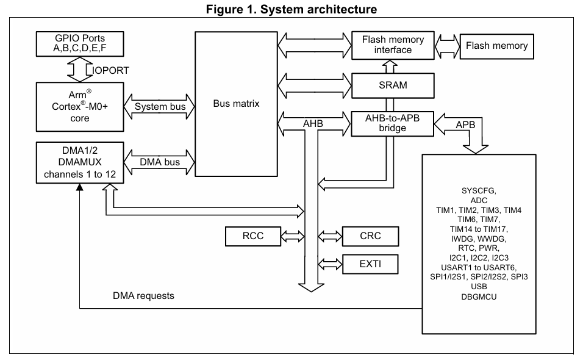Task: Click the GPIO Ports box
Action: pos(80,44)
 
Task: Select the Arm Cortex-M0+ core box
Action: pos(80,107)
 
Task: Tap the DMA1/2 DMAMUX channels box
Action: pos(80,162)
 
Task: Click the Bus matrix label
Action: pos(236,103)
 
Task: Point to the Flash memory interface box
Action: pos(393,45)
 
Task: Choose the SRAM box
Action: pos(393,85)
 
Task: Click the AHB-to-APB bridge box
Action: pos(393,123)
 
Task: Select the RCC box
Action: pos(253,236)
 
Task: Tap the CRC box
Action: pos(370,236)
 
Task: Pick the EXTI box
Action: pos(370,264)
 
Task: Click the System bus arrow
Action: pos(159,107)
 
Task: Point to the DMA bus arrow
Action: pos(159,162)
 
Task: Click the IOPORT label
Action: pos(110,70)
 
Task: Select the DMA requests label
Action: pos(143,296)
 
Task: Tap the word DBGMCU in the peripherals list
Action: pos(479,297)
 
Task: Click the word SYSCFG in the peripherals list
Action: pos(479,191)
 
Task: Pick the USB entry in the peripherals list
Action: pos(479,286)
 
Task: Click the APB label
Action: pos(465,124)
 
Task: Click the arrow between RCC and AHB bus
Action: pos(293,236)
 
